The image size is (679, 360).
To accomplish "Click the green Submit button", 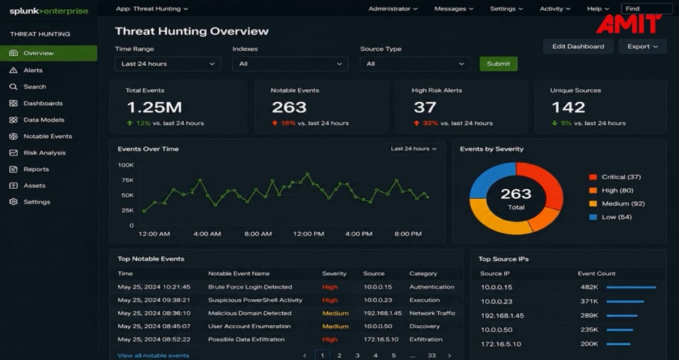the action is tap(499, 64).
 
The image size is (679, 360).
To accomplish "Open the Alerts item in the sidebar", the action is tap(33, 70).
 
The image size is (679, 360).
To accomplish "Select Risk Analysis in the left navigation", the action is tap(45, 153).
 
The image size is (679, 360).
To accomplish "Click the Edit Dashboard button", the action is tap(578, 47).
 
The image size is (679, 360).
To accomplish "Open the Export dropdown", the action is tap(642, 47).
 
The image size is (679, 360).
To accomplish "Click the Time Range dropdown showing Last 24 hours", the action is tap(168, 64).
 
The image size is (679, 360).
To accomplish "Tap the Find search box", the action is tap(647, 8).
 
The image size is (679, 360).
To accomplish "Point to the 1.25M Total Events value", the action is tap(155, 107).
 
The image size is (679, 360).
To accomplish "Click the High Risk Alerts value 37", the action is tap(424, 107).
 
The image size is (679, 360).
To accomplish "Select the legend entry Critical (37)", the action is tap(615, 177).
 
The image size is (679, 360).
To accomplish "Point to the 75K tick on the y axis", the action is tap(127, 180).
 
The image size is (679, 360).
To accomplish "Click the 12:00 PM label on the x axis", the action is tap(308, 234).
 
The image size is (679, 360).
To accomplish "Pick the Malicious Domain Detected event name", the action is tap(250, 313).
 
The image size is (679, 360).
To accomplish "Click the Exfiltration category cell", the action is tap(426, 339).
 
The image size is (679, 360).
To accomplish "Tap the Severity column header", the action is tap(335, 273).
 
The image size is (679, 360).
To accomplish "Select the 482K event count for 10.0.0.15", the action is tap(589, 287).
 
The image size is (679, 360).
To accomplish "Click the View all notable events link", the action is tap(153, 356).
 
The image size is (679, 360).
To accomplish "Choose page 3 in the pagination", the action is tap(357, 356).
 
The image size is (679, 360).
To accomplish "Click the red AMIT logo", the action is tap(629, 24).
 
